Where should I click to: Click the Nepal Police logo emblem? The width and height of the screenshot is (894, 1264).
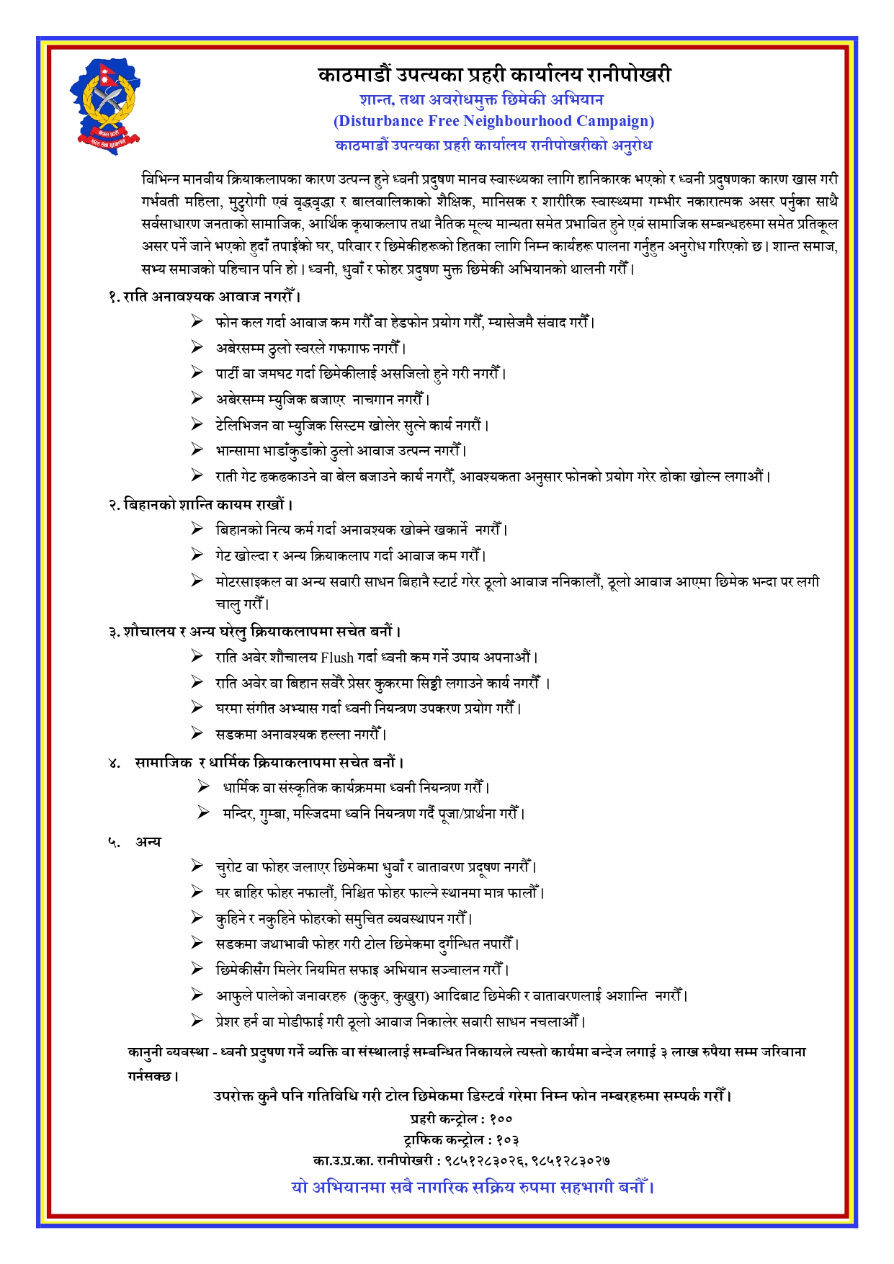(x=106, y=105)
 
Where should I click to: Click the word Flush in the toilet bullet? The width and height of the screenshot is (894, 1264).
(x=337, y=657)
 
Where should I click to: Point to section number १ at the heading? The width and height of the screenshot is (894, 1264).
(x=113, y=296)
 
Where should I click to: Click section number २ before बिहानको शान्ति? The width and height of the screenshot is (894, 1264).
(x=114, y=504)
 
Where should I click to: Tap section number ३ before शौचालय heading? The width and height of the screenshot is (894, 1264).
(x=114, y=632)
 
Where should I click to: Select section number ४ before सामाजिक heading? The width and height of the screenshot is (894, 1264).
(x=114, y=763)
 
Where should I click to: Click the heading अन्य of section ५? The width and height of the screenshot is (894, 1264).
(x=148, y=842)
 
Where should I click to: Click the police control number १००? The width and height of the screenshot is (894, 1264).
(x=501, y=1119)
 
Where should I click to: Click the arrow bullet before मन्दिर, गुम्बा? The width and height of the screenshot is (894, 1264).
(x=204, y=813)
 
